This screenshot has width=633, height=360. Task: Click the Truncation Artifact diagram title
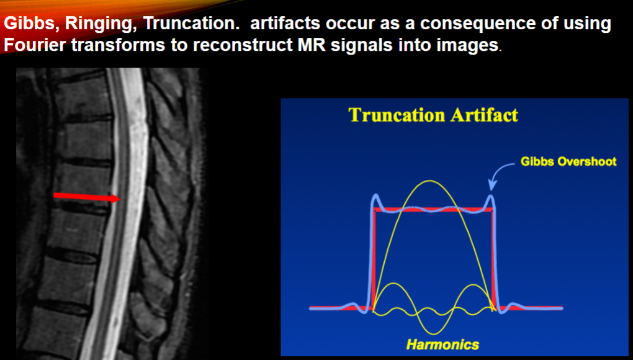tap(433, 115)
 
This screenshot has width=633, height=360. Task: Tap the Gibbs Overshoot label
tap(568, 161)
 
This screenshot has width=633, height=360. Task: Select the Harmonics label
tap(442, 344)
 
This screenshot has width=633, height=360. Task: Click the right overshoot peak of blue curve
tap(491, 197)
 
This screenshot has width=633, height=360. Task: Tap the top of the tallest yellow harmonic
tap(430, 181)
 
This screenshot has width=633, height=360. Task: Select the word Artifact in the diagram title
tap(484, 115)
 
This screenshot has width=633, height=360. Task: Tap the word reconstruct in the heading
tap(243, 45)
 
